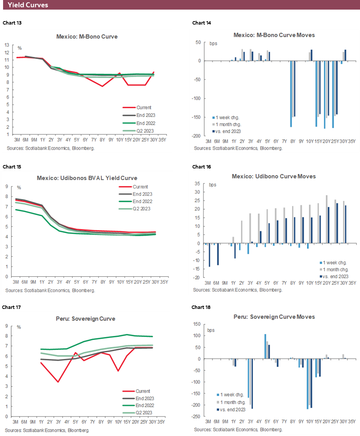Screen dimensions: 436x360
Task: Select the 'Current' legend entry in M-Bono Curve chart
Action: coord(144,107)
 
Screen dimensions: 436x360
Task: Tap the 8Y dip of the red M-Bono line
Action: coord(102,86)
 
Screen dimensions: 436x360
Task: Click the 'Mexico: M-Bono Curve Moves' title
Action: coord(274,35)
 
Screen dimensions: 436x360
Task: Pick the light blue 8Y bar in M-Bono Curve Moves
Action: coord(291,94)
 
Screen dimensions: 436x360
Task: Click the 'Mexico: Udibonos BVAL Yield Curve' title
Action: coord(87,178)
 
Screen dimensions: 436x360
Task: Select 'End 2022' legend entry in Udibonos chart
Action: coord(142,201)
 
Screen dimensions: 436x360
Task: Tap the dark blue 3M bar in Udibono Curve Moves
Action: coord(209,255)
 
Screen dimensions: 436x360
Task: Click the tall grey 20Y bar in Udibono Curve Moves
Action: coord(326,219)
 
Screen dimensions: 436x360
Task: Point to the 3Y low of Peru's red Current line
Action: coord(58,381)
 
